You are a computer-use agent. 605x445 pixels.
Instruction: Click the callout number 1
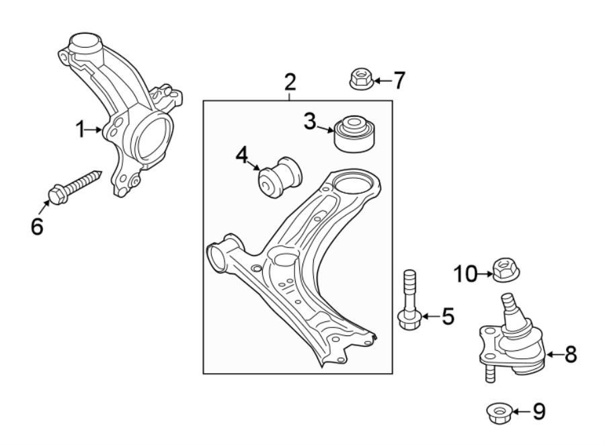pos(80,129)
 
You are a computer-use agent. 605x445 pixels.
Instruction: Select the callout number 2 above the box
pos(290,83)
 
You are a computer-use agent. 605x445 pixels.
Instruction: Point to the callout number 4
pos(242,156)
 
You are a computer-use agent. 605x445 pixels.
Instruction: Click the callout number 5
pos(447,315)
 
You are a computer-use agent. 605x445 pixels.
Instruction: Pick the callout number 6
pos(36,226)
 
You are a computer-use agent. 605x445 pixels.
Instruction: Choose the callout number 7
pos(399,81)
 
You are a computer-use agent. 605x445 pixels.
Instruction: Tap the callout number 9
pos(538,411)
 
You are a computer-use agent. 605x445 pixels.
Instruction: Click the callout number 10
pos(464,274)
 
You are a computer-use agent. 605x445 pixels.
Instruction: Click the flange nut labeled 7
pos(360,80)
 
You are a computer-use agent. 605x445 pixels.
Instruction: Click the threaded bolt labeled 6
pos(73,186)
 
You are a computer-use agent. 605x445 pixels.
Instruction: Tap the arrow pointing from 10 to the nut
pos(485,274)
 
